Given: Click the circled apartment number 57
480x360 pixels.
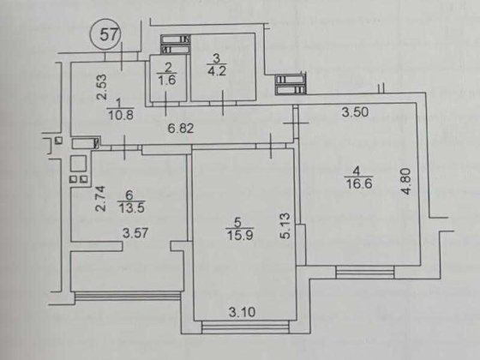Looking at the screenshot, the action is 105,34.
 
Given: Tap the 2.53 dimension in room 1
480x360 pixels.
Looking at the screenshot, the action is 102,87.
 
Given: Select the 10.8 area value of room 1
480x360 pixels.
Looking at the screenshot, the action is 122,115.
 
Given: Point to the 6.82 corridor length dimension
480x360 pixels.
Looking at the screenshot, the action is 181,129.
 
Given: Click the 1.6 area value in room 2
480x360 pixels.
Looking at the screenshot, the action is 168,80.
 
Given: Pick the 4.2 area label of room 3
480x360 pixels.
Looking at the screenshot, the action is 217,71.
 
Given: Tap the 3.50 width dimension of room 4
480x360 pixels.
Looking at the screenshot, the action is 355,112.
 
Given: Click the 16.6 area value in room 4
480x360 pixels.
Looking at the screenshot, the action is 359,184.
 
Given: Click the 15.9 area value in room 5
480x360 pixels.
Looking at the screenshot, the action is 240,236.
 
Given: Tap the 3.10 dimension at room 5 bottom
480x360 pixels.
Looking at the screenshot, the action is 242,312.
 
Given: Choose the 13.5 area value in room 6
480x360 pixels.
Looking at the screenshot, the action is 131,208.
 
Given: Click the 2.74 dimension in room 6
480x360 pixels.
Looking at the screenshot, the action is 101,198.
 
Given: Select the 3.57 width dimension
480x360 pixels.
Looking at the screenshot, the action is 135,233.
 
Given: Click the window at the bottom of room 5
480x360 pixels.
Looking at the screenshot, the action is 245,327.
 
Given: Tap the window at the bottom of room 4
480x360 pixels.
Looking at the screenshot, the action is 365,273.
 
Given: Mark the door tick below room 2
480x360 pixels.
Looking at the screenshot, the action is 166,104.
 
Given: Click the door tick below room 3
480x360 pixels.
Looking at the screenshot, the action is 223,103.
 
